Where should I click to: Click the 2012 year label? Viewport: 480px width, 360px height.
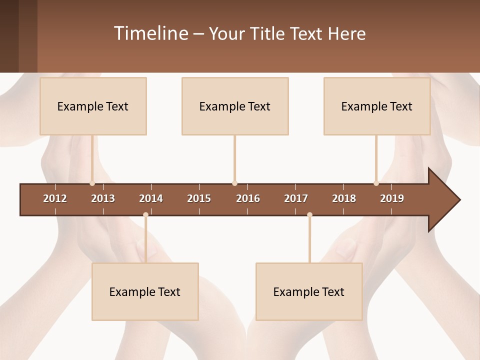55,198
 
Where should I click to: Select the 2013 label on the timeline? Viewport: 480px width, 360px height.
103,198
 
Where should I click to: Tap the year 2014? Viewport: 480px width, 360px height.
151,198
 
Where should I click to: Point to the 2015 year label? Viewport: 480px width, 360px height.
199,198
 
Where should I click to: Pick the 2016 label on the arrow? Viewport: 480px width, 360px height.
248,198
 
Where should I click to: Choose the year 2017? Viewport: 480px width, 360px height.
296,198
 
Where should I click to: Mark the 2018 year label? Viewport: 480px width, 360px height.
344,198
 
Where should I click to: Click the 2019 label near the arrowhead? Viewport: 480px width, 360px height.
392,198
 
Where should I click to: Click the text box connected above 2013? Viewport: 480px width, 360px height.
93,106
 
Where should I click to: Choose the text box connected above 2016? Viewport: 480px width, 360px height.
235,106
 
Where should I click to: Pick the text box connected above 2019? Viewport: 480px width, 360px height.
377,106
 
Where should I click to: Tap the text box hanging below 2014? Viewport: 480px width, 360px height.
145,291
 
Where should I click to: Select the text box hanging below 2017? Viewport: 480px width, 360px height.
309,291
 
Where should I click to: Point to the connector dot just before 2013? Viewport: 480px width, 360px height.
92,183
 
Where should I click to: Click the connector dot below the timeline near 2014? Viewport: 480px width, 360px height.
145,215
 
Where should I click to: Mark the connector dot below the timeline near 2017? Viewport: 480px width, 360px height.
309,215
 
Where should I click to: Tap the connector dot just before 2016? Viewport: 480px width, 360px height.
234,183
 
